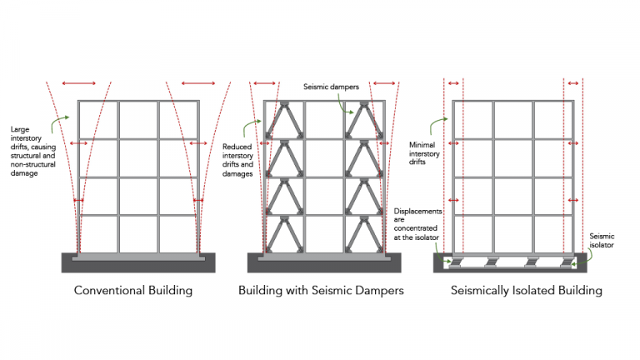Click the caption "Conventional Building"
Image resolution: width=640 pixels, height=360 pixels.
pos(133,291)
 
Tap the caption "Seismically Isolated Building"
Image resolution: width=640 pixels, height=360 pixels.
pos(516,291)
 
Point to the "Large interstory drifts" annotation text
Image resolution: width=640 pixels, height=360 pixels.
pos(32,149)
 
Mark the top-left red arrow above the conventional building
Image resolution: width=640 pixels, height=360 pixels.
pos(79,83)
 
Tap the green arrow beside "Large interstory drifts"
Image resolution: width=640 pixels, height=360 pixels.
pos(60,126)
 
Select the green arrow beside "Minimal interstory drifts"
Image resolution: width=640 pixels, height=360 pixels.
pos(436,126)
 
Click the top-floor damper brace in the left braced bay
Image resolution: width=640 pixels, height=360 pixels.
pos(284,121)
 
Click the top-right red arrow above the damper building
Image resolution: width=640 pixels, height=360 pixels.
pos(384,83)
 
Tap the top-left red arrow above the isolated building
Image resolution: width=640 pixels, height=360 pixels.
pos(452,83)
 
